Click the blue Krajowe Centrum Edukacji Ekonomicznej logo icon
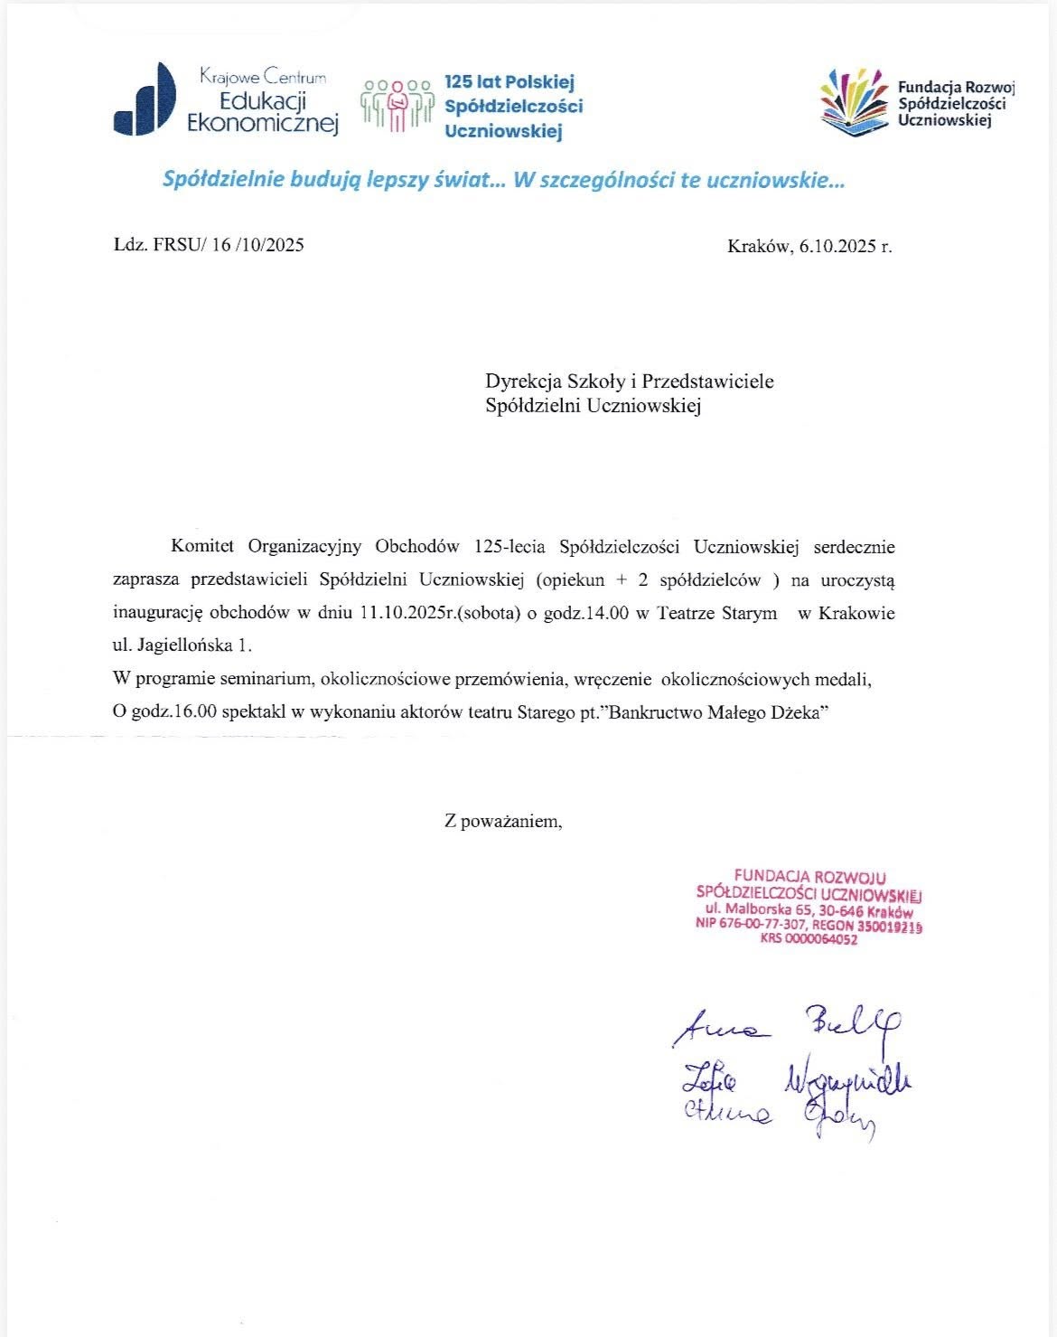pos(145,99)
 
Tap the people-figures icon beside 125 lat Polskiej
pos(397,107)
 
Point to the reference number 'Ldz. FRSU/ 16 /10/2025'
pos(209,245)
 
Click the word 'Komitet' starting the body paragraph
pos(202,546)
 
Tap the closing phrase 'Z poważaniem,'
pos(503,822)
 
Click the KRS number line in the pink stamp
pos(809,939)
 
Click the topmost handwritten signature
pos(787,1025)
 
